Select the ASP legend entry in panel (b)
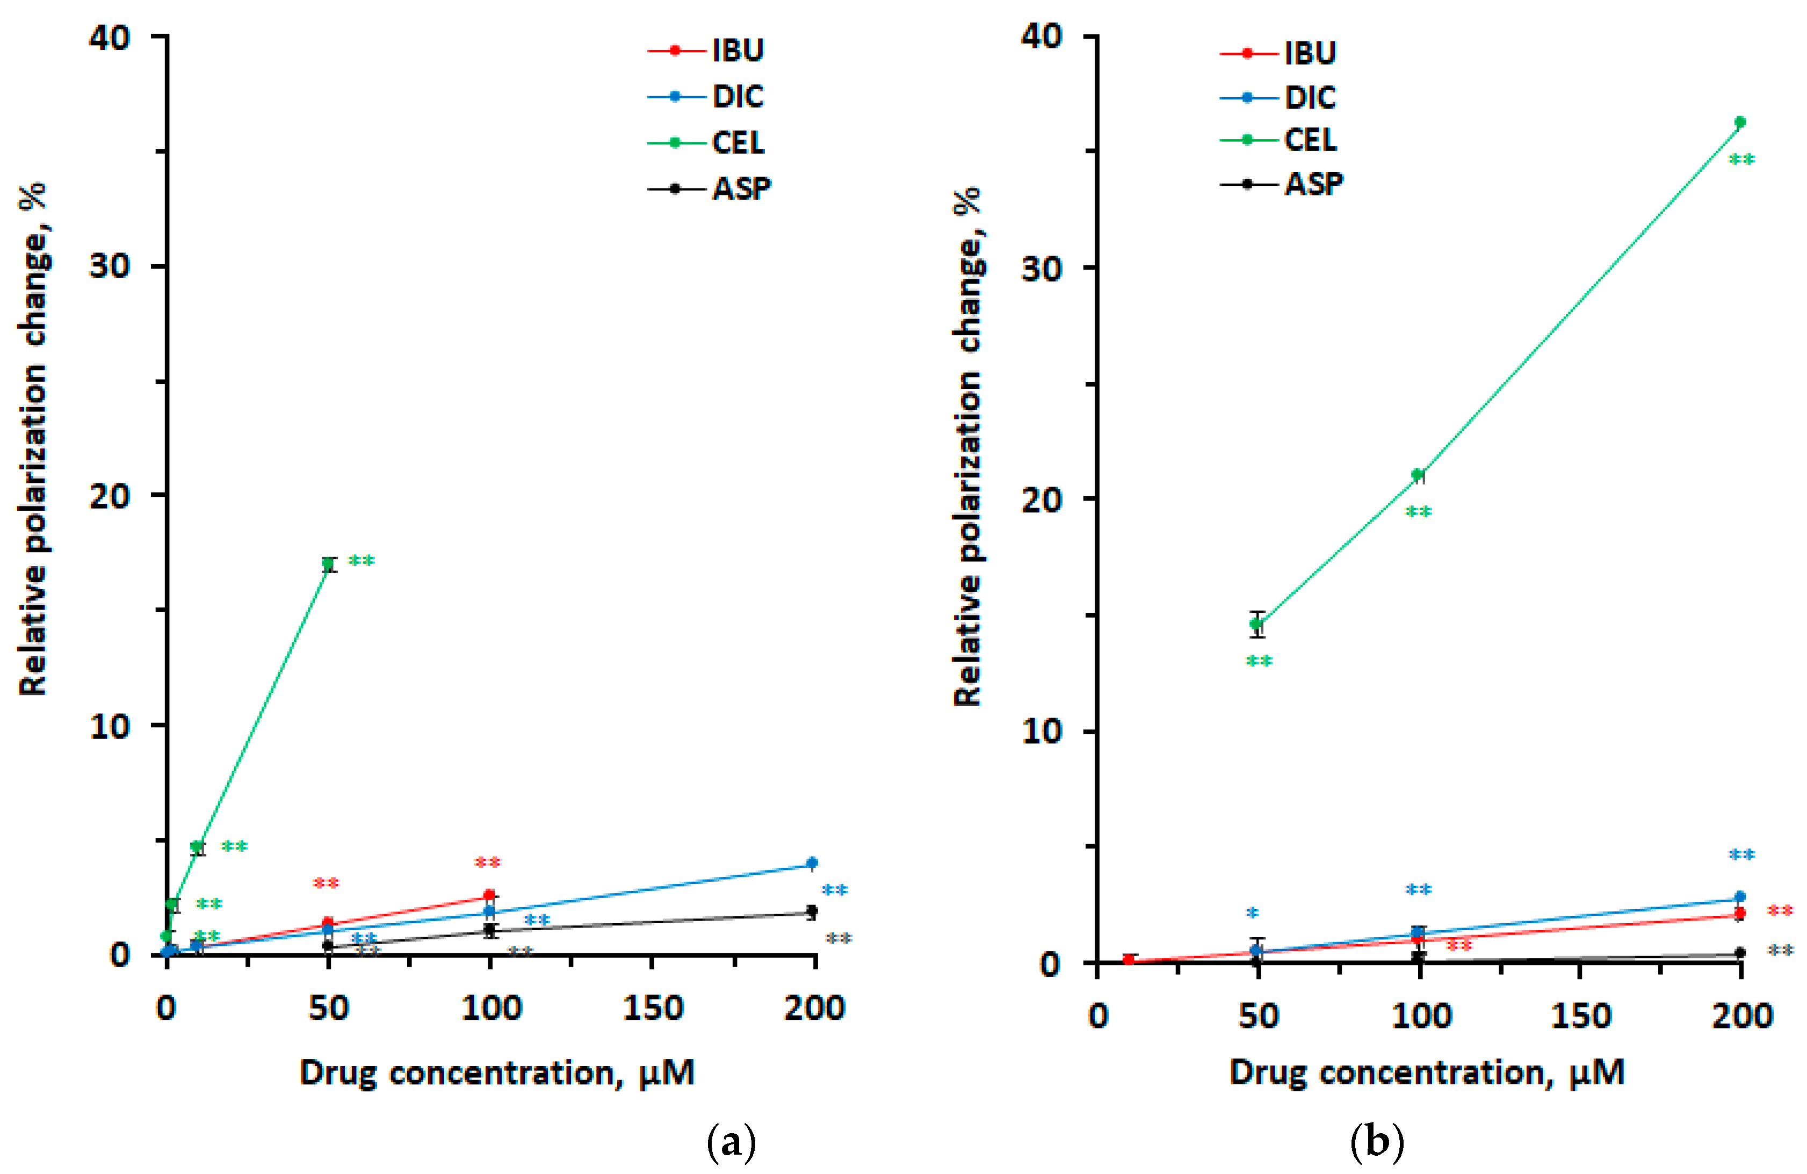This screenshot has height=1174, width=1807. click(x=1313, y=184)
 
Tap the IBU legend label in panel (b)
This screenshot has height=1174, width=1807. click(x=1310, y=53)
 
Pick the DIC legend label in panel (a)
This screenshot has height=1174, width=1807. click(x=737, y=96)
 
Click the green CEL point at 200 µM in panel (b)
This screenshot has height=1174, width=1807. click(x=1740, y=122)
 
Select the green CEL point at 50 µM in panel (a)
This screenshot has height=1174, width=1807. click(x=328, y=564)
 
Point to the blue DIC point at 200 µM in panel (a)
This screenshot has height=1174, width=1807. click(x=812, y=863)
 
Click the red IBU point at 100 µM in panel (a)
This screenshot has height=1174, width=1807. click(x=490, y=895)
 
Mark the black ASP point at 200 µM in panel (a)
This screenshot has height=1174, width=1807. click(x=812, y=911)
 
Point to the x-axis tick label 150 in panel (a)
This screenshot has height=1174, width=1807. click(x=653, y=1009)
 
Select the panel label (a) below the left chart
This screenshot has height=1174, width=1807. click(x=731, y=1141)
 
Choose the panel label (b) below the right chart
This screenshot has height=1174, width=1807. click(x=1377, y=1141)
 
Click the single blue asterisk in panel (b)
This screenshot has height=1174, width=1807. click(x=1253, y=914)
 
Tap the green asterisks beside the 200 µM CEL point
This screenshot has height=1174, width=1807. click(x=1741, y=160)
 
